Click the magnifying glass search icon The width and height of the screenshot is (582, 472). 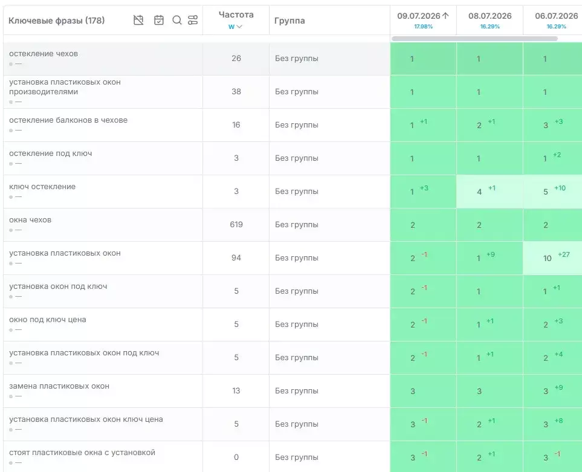tap(177, 20)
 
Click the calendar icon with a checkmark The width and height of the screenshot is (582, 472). tap(159, 20)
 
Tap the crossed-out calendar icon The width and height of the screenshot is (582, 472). tap(138, 20)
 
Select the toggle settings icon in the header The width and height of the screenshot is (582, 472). tap(193, 20)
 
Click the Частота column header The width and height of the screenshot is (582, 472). tap(236, 15)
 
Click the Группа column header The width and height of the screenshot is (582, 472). tap(289, 21)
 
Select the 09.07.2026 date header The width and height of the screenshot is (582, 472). tap(419, 16)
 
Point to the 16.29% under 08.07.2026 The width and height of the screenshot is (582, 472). tap(490, 27)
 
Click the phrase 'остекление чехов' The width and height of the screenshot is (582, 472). tap(44, 53)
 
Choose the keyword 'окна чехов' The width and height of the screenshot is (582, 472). tap(30, 219)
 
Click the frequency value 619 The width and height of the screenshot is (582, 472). tap(236, 224)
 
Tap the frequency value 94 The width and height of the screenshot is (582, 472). tap(236, 258)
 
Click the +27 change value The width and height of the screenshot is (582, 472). tap(564, 254)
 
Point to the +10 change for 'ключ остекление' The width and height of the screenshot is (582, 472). tap(560, 188)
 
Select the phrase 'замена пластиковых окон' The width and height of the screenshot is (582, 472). tap(59, 386)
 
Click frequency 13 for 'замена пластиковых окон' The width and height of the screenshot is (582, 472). tap(236, 391)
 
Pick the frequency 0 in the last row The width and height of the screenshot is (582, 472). tap(236, 457)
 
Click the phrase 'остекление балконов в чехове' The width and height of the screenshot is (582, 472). tap(68, 120)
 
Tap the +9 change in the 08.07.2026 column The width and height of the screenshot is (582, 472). tap(491, 254)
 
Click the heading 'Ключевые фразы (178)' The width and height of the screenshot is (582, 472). tap(56, 21)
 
